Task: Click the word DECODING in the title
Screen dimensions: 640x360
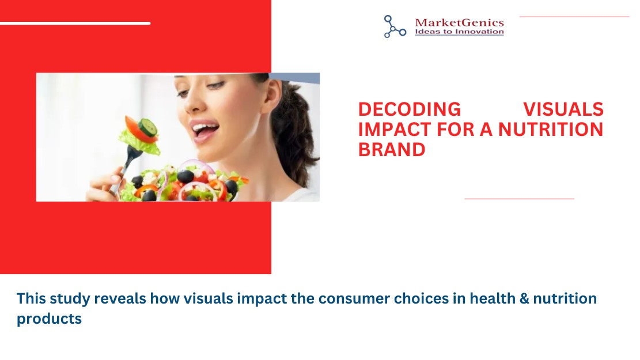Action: pyautogui.click(x=410, y=109)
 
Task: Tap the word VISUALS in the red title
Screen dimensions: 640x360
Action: pyautogui.click(x=563, y=109)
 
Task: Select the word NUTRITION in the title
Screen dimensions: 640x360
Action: pyautogui.click(x=551, y=130)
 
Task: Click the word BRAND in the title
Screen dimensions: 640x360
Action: pyautogui.click(x=392, y=149)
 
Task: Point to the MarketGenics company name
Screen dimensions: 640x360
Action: pyautogui.click(x=459, y=22)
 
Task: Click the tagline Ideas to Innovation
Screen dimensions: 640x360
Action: pyautogui.click(x=459, y=32)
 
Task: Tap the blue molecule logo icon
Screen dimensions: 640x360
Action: pyautogui.click(x=395, y=26)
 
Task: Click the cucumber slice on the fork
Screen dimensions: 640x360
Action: pyautogui.click(x=147, y=127)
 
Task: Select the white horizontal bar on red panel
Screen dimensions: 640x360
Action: pyautogui.click(x=75, y=23)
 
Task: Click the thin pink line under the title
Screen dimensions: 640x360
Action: pyautogui.click(x=519, y=199)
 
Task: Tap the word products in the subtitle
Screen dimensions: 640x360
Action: pyautogui.click(x=49, y=319)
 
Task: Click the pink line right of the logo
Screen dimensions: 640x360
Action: pyautogui.click(x=574, y=17)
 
